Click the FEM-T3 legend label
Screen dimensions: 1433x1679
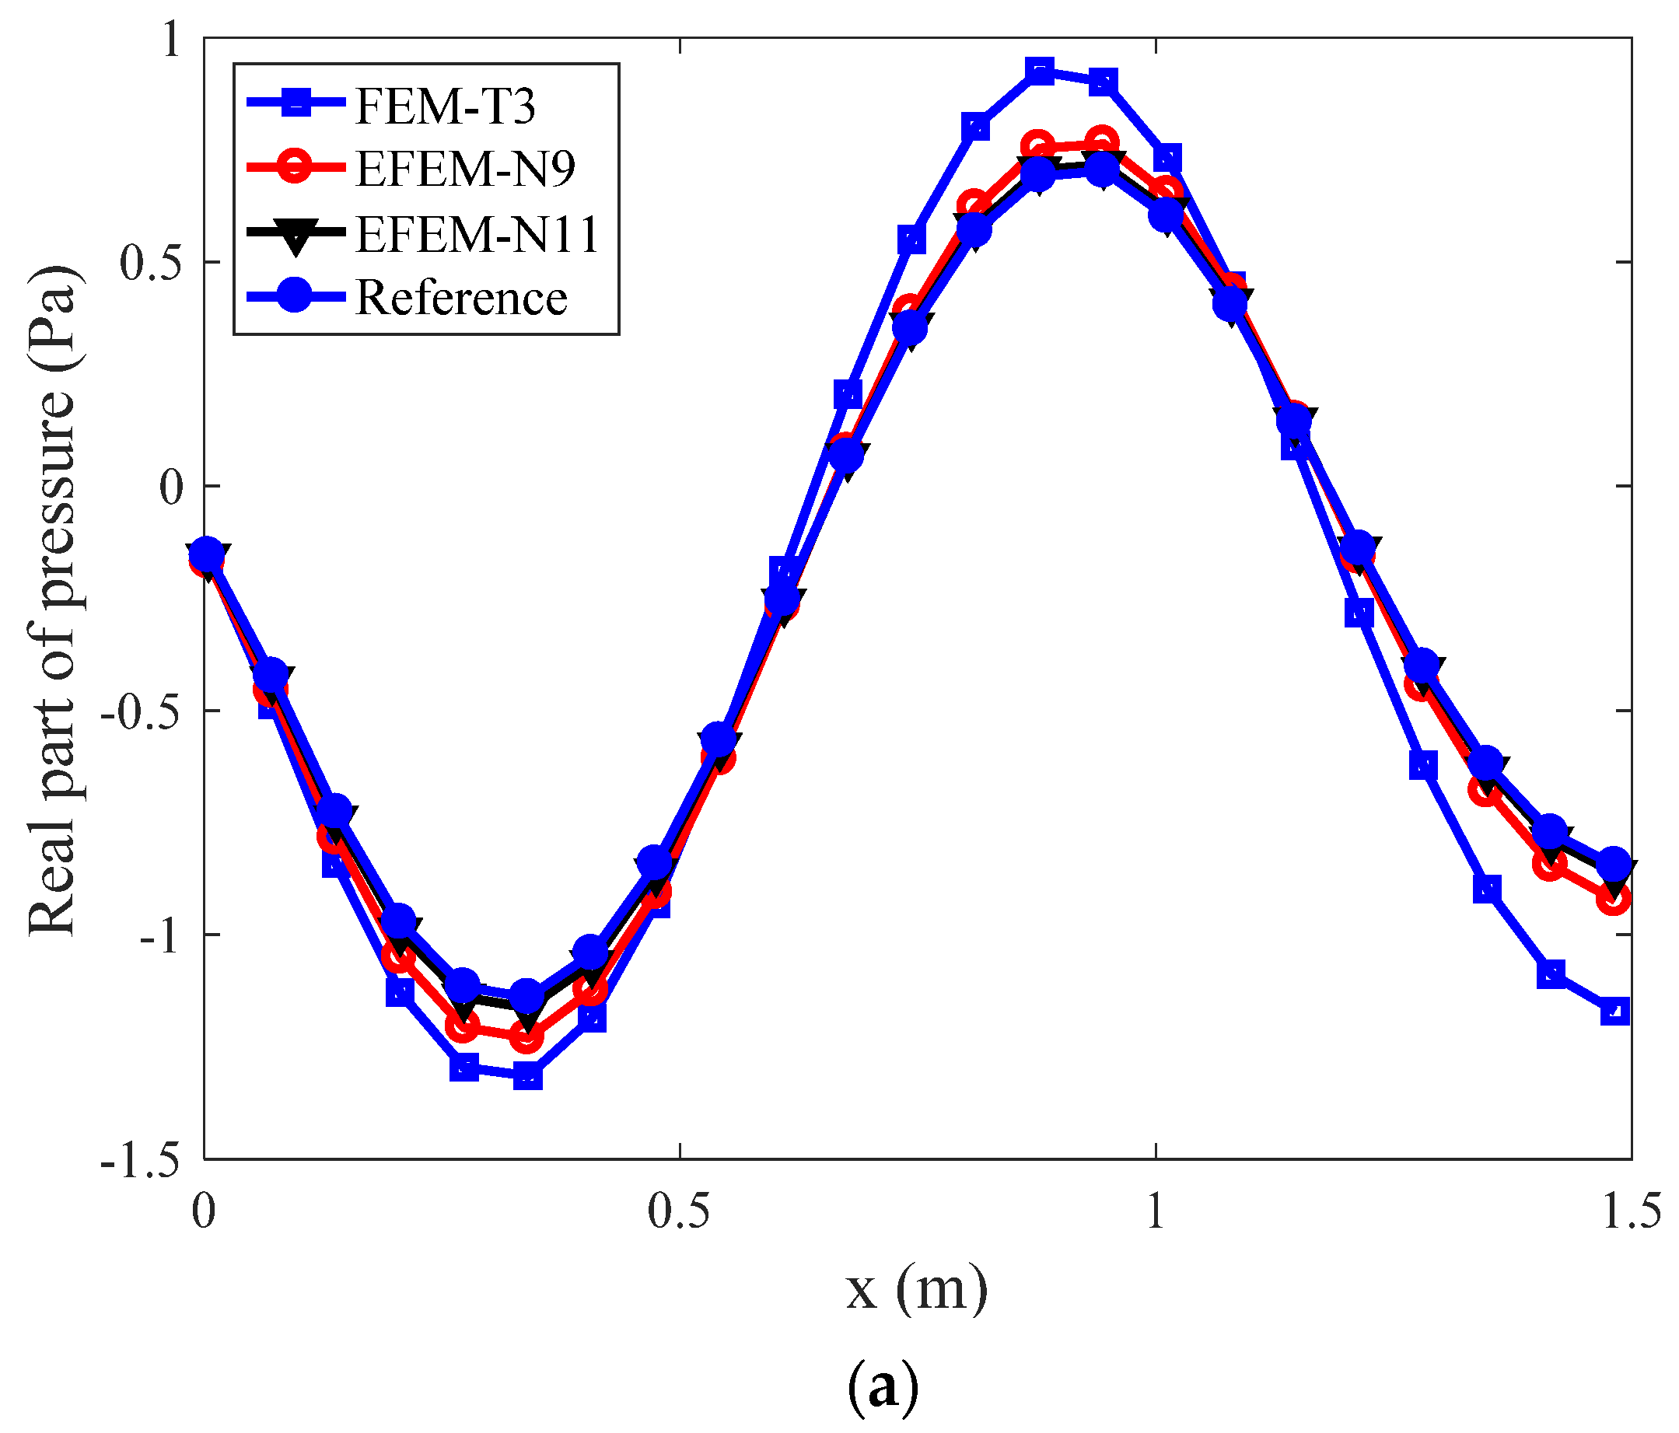445,106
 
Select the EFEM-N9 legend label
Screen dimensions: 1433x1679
465,170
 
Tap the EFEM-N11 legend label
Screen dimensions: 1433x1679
477,234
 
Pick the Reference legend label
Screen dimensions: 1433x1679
461,298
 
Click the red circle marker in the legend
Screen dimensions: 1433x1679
296,168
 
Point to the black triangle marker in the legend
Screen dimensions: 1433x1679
296,235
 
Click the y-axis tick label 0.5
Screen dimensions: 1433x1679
149,262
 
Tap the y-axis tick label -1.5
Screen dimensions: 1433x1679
139,1159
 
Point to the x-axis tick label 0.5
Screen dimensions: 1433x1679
679,1213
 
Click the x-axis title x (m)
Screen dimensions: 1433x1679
916,1288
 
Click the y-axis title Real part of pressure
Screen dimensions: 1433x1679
54,599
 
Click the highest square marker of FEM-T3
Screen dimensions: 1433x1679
1040,72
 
